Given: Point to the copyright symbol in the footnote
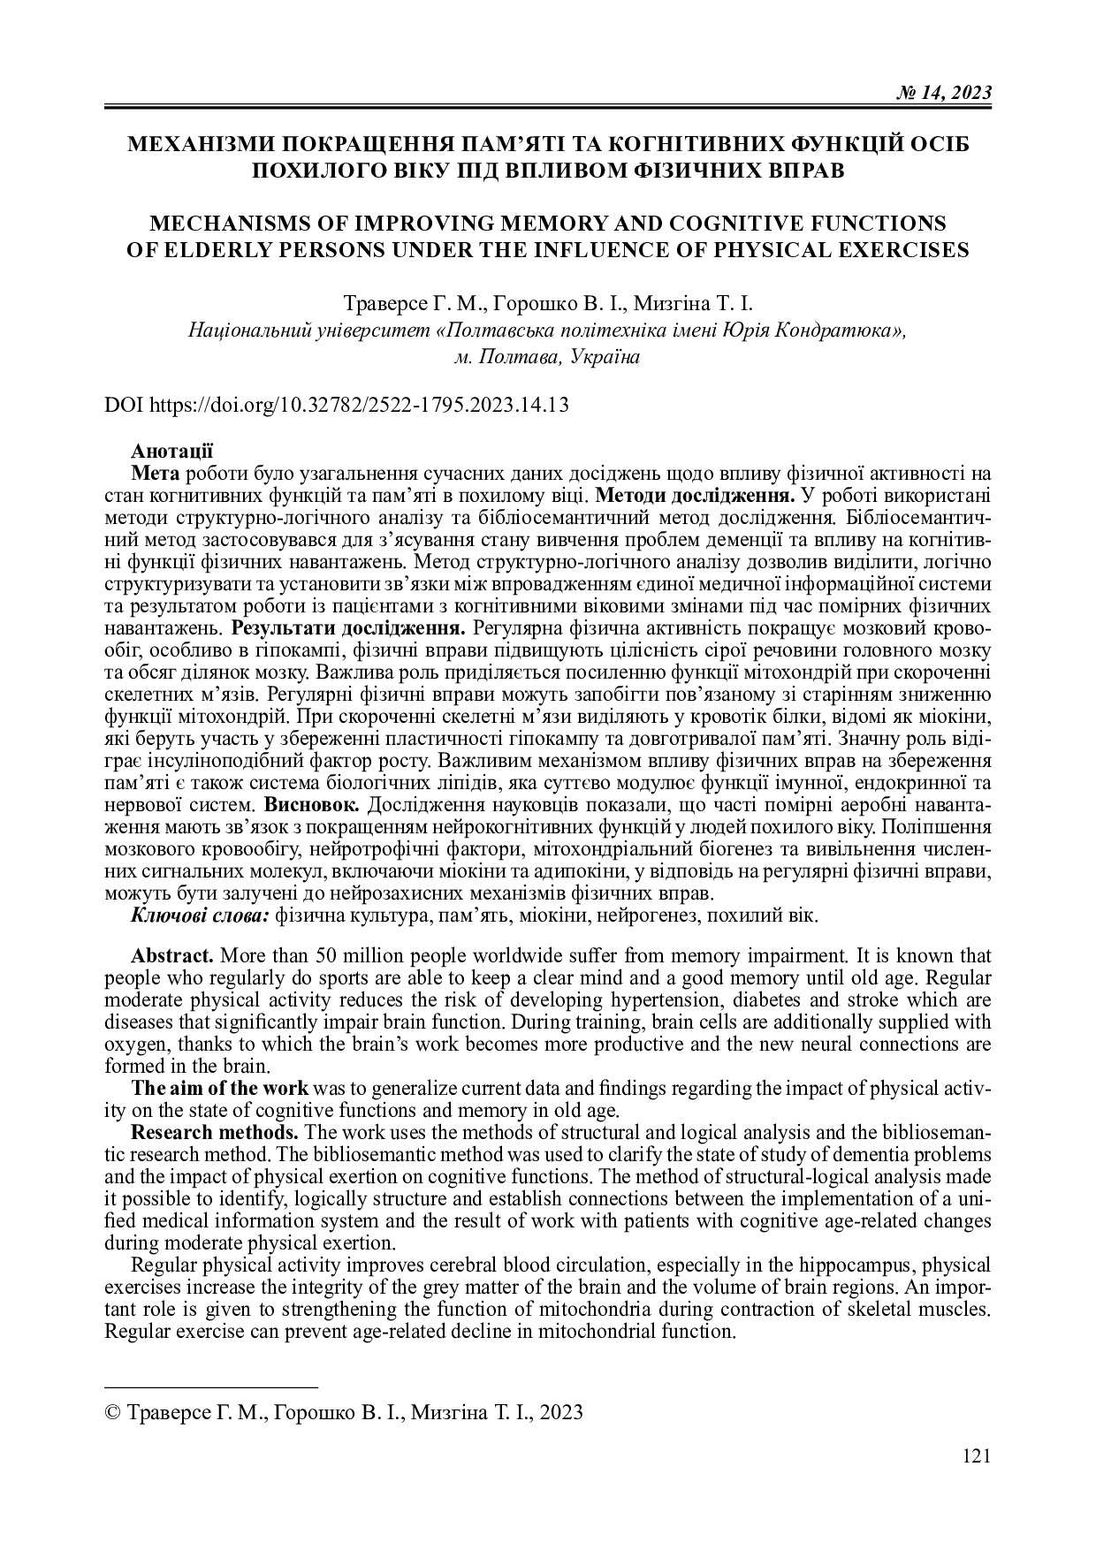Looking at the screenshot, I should (114, 1412).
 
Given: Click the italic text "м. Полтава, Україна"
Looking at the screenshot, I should (546, 357).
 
